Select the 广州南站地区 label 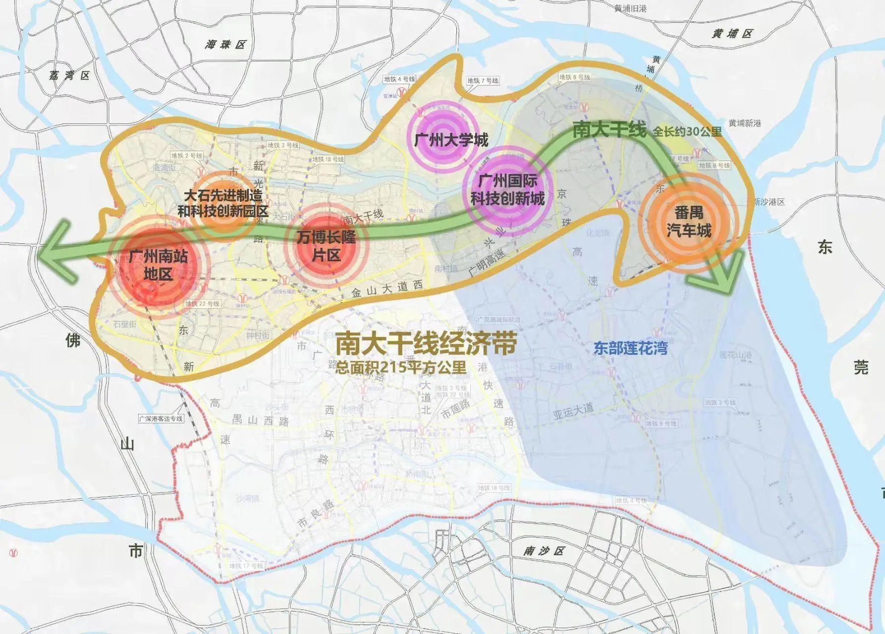pos(158,265)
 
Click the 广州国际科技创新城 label pos(507,190)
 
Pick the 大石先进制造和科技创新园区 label pos(223,203)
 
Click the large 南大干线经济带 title pos(426,344)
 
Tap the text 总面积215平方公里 pos(400,367)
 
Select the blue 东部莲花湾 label pos(630,348)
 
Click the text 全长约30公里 pos(687,131)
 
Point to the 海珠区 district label pos(225,45)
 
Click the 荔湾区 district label pos(69,76)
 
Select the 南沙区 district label pos(544,551)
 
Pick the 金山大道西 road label pos(387,289)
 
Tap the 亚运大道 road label pos(573,411)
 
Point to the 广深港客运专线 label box pos(161,418)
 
